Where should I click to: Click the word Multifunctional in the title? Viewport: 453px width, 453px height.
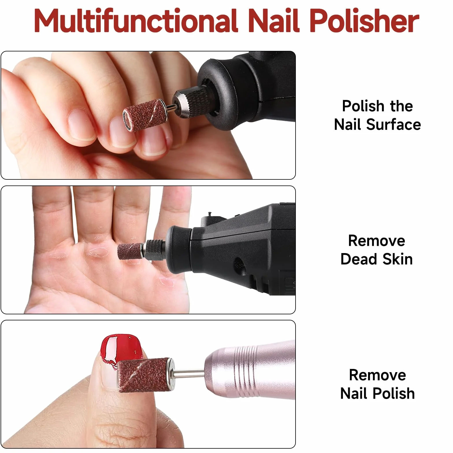[x=135, y=21]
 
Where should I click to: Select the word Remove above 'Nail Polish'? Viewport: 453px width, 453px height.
[x=377, y=375]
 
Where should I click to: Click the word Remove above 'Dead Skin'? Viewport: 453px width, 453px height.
[x=376, y=241]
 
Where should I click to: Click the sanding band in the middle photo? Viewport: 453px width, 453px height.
[x=129, y=251]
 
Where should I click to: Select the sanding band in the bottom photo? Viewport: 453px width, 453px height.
[x=144, y=375]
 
